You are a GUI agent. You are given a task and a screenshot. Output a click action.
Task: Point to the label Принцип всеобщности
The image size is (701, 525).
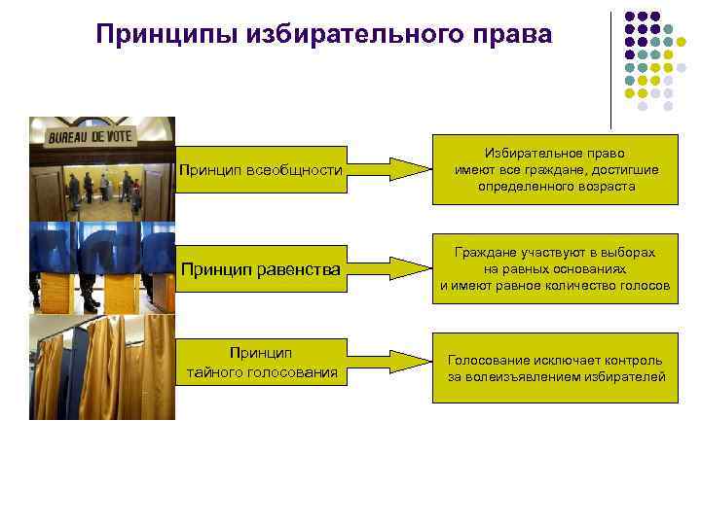261,171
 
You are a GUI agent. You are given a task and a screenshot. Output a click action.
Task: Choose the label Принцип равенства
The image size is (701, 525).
260,270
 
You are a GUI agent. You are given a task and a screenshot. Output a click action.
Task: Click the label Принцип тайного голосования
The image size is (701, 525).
262,362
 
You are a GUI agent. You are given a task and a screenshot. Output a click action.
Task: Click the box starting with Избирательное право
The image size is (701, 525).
555,170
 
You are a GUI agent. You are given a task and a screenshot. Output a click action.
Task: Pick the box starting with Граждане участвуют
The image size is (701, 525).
555,269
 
